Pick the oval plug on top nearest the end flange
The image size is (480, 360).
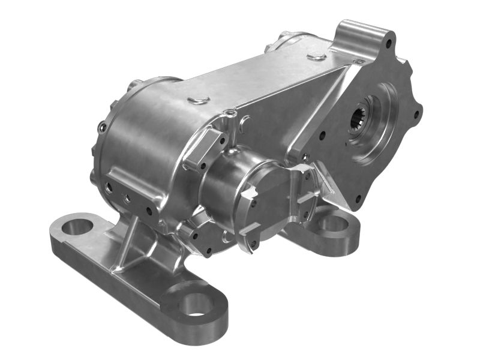[x=316, y=57]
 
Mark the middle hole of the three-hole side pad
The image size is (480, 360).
[x=126, y=197]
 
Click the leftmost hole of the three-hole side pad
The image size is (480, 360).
[x=110, y=188]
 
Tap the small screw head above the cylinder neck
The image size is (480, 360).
[x=231, y=112]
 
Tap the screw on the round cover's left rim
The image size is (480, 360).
[x=103, y=127]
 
